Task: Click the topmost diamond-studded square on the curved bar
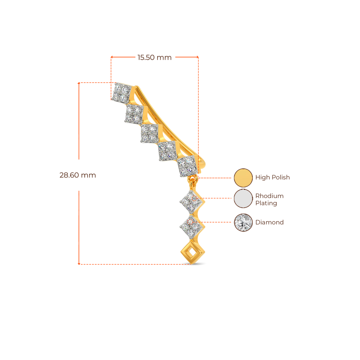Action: [122, 93]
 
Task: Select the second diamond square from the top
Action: [134, 114]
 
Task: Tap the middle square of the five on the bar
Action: [149, 134]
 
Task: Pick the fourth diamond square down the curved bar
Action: [166, 152]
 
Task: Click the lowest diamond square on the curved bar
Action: [186, 167]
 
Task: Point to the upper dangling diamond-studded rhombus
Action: [191, 202]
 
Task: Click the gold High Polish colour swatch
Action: [243, 178]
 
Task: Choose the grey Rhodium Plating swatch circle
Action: [243, 199]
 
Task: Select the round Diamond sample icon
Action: [243, 222]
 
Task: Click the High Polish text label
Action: [272, 178]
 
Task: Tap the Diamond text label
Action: [270, 222]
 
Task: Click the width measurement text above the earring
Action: [155, 58]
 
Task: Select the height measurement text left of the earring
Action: [77, 175]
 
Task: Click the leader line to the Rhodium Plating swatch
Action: [218, 198]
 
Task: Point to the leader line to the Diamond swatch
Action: [218, 222]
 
